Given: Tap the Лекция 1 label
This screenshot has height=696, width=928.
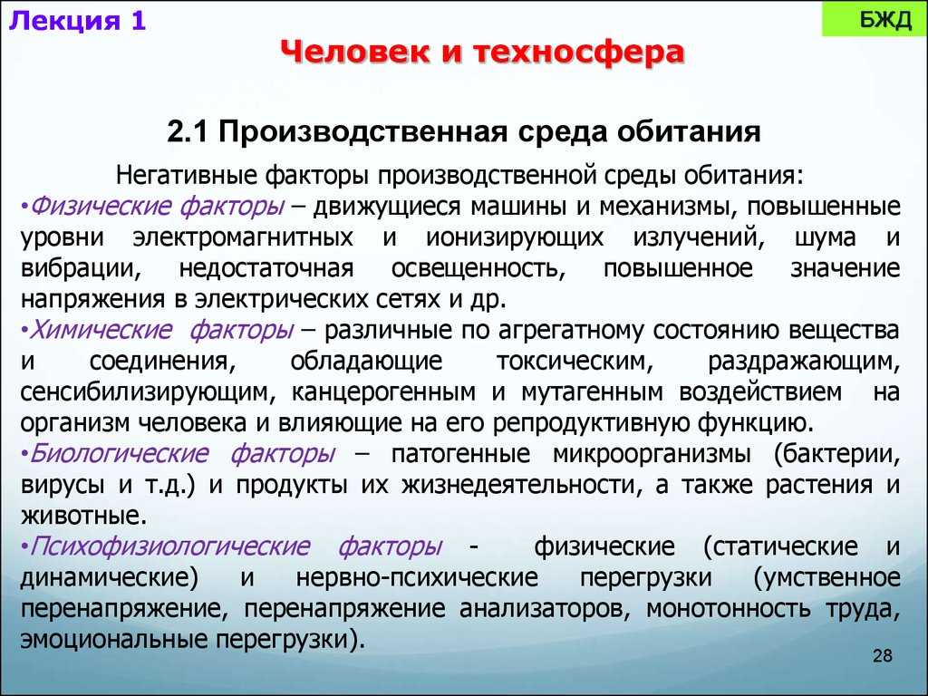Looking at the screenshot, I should click(77, 21).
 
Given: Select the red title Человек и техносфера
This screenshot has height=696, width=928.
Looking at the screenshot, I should click(481, 53).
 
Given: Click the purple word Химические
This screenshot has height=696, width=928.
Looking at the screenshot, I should click(82, 330).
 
